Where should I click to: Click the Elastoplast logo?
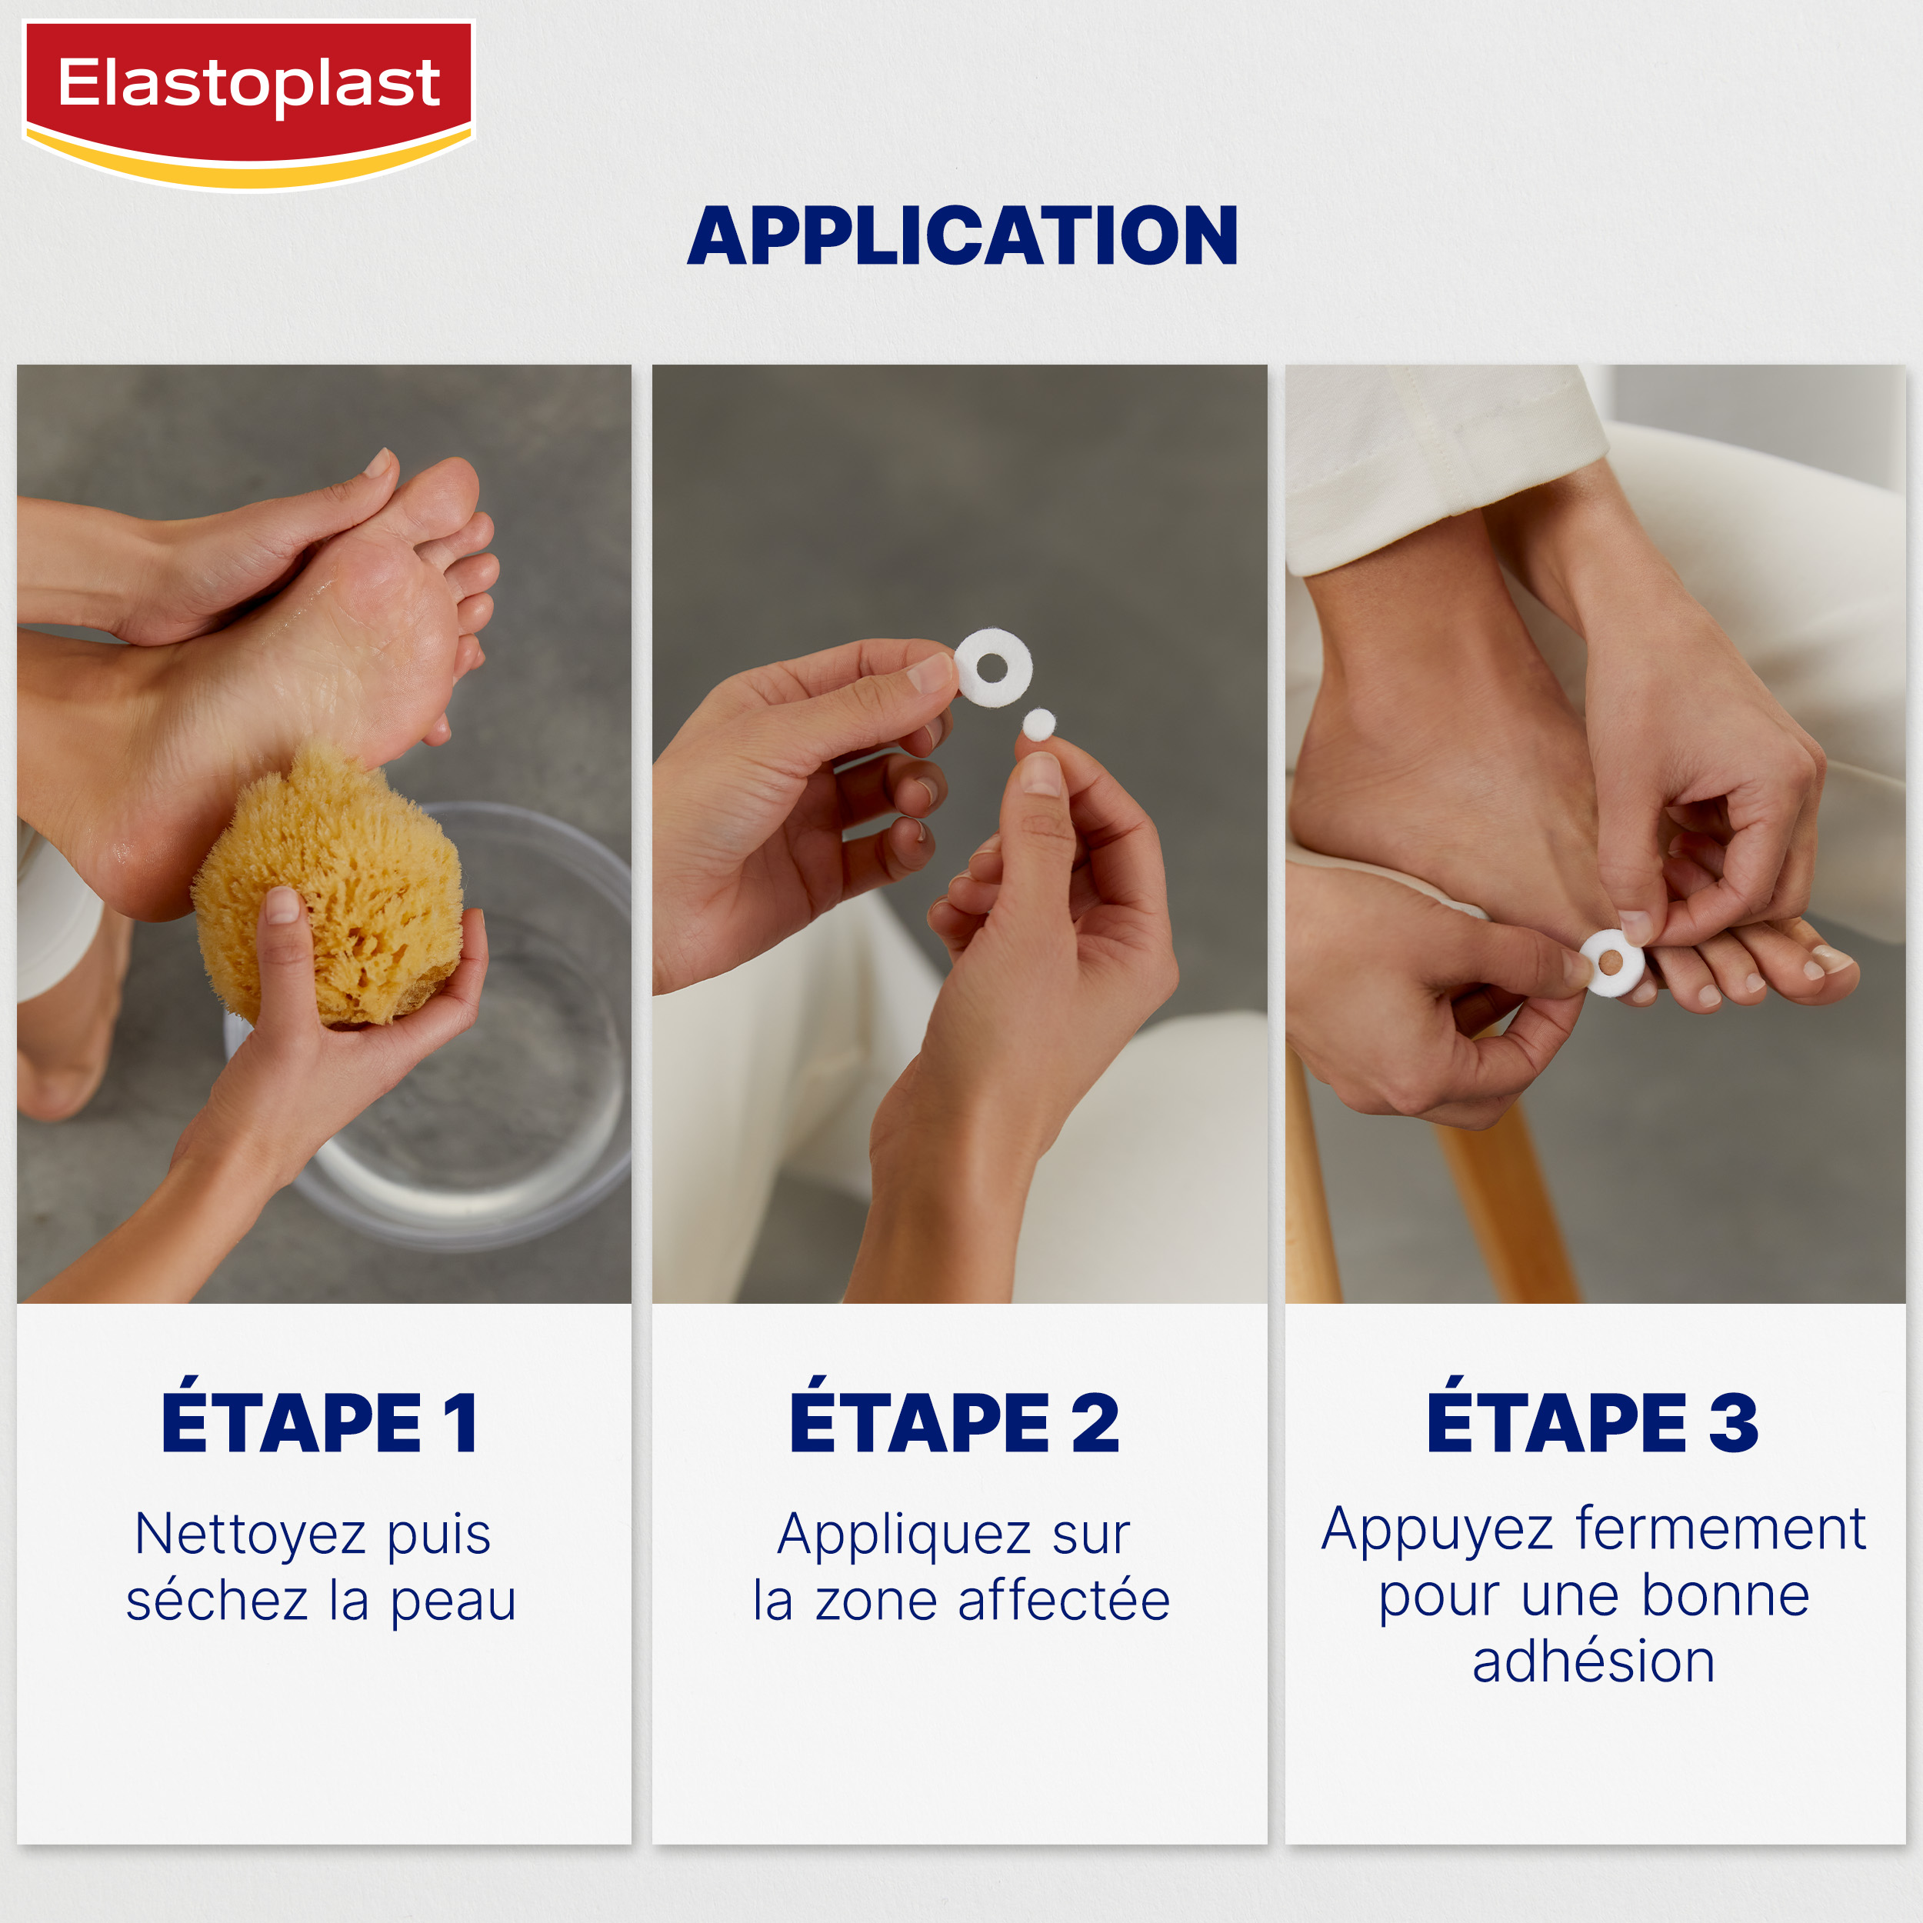point(248,104)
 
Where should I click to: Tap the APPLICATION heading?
point(961,236)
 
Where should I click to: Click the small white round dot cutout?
point(1038,725)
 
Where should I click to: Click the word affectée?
point(1063,1601)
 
